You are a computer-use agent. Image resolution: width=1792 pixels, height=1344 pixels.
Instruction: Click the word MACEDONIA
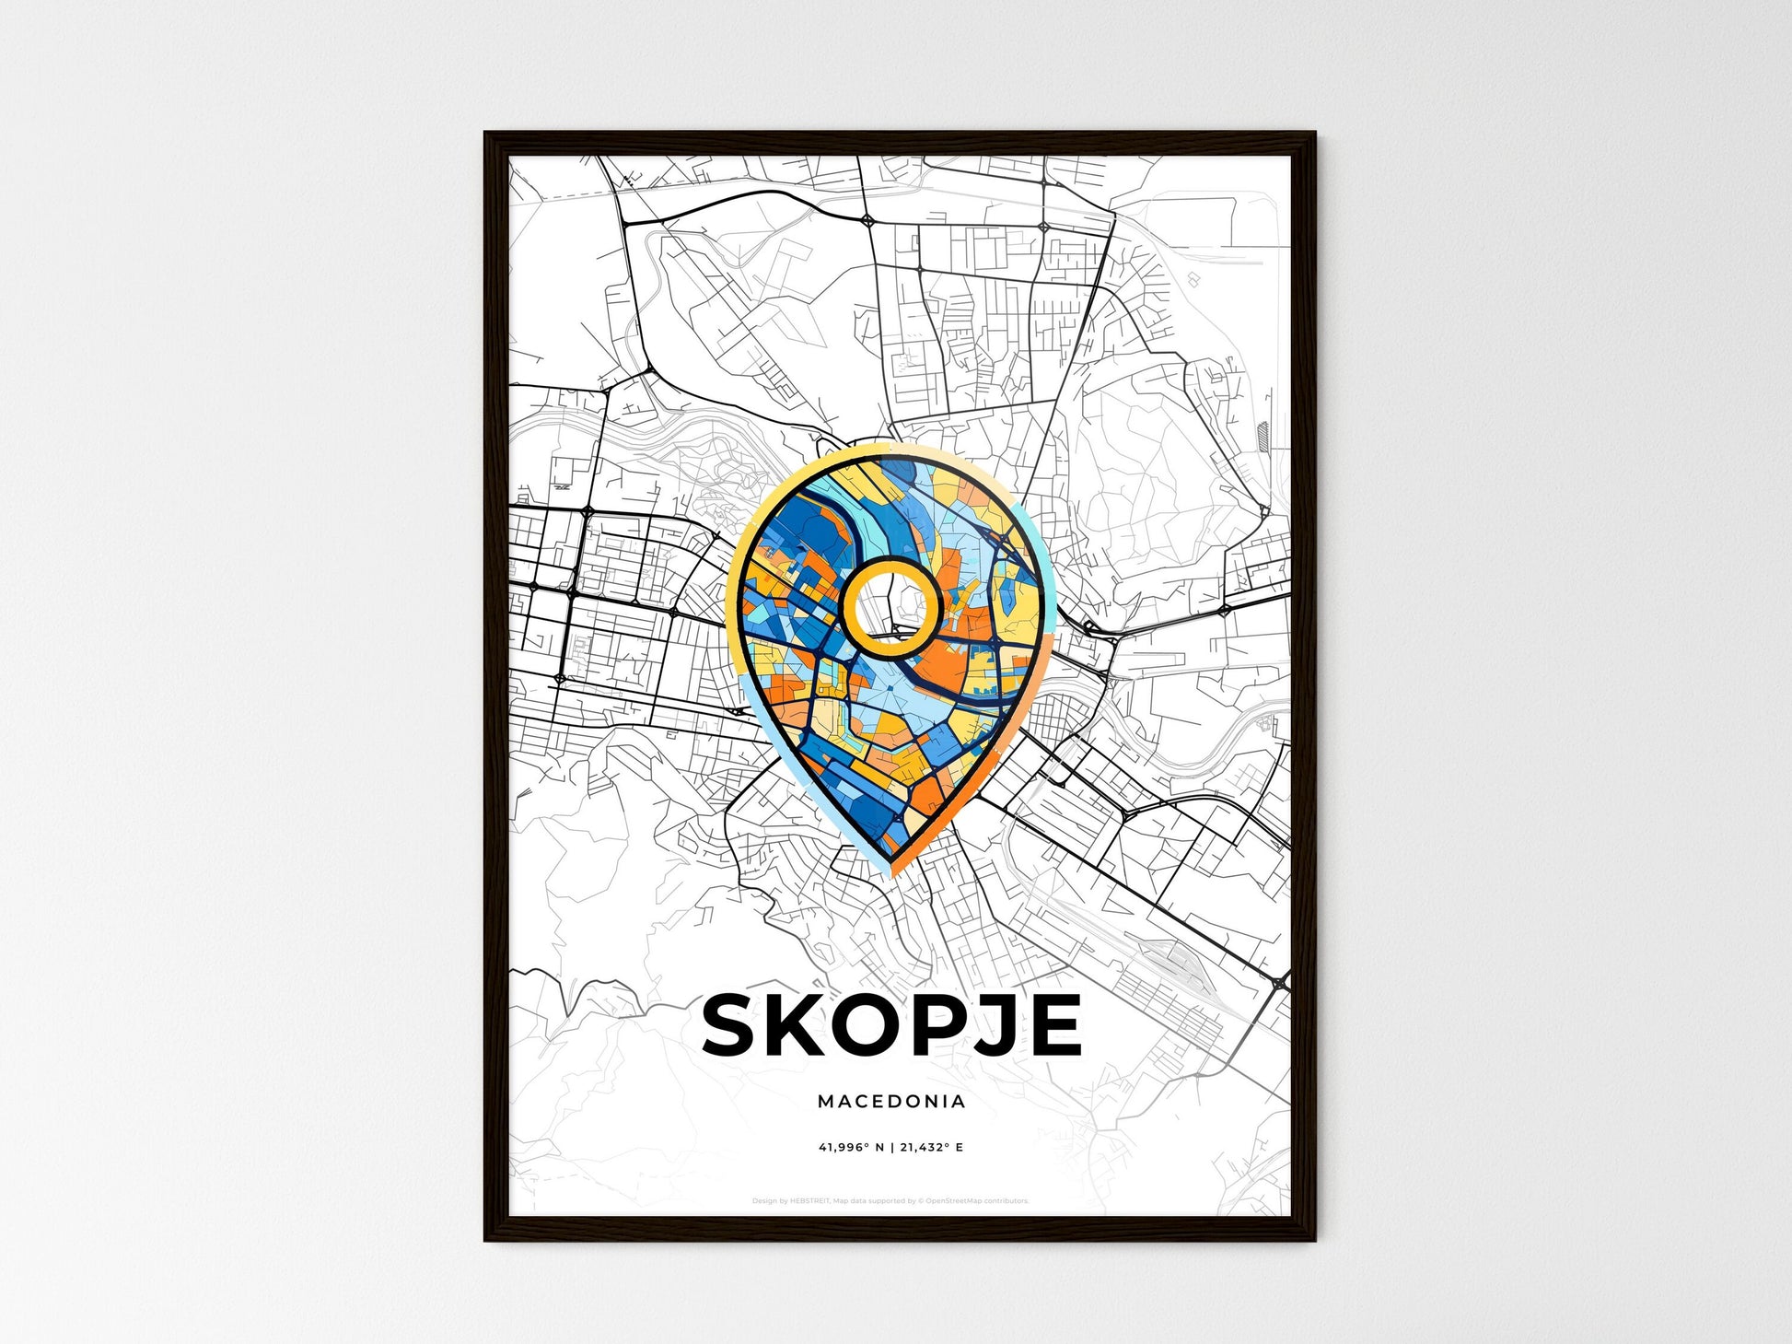click(x=891, y=1102)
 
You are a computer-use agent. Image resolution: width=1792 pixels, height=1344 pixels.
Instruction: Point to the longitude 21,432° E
click(x=931, y=1148)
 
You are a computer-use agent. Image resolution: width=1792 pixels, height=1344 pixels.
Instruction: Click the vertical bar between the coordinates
click(x=891, y=1148)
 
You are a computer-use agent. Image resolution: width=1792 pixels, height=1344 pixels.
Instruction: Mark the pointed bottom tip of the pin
click(x=891, y=869)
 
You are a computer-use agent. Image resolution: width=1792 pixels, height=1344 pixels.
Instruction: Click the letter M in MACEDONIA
click(x=824, y=1102)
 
